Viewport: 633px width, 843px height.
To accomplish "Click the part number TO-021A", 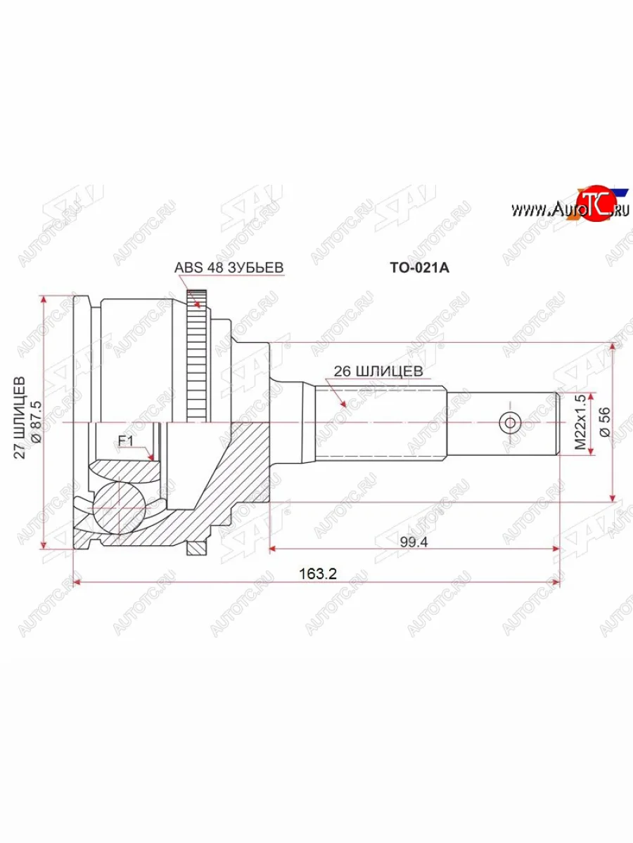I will (418, 268).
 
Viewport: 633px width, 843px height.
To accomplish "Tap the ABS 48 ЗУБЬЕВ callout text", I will (229, 268).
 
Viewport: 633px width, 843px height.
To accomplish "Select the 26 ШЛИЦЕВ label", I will (378, 371).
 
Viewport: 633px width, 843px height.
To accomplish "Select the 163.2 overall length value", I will (318, 573).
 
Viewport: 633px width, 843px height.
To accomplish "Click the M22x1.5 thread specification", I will (580, 422).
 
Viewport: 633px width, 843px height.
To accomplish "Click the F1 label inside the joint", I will (126, 441).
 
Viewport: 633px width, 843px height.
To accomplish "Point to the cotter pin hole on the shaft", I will (509, 422).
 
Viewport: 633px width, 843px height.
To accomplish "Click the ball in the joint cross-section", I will (120, 507).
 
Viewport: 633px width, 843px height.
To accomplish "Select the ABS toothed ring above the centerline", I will (198, 358).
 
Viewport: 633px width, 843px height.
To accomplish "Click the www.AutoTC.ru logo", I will (570, 209).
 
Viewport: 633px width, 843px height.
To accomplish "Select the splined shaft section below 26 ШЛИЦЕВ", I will (380, 422).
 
